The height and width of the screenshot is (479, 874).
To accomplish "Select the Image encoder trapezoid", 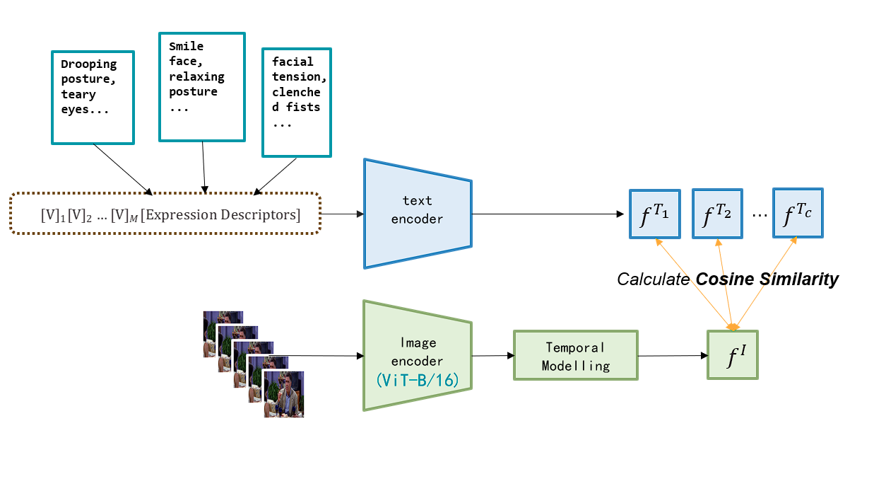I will pyautogui.click(x=418, y=355).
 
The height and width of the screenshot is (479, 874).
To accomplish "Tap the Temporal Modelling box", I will pyautogui.click(x=575, y=355).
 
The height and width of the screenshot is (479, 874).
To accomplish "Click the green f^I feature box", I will pyautogui.click(x=732, y=355).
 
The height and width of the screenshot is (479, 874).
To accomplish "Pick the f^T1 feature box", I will pyautogui.click(x=654, y=214).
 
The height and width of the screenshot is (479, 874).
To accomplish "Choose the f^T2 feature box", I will pyautogui.click(x=717, y=214).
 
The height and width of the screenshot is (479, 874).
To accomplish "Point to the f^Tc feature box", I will pyautogui.click(x=798, y=213).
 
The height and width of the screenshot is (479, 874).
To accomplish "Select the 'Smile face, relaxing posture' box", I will pyautogui.click(x=202, y=86).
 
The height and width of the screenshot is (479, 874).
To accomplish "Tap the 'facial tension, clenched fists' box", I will pyautogui.click(x=296, y=101).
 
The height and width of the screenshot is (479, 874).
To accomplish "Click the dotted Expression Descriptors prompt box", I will pyautogui.click(x=165, y=214).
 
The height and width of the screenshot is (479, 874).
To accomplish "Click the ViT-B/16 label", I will pyautogui.click(x=418, y=381).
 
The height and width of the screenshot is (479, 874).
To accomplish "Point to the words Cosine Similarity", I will pyautogui.click(x=767, y=279).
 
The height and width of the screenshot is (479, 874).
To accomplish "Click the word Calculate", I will pyautogui.click(x=654, y=279).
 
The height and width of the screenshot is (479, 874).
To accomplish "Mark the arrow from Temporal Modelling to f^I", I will pyautogui.click(x=672, y=356).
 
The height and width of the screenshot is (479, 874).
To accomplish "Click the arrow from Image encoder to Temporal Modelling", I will pyautogui.click(x=492, y=356).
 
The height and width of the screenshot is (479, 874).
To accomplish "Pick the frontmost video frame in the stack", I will pyautogui.click(x=284, y=394).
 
